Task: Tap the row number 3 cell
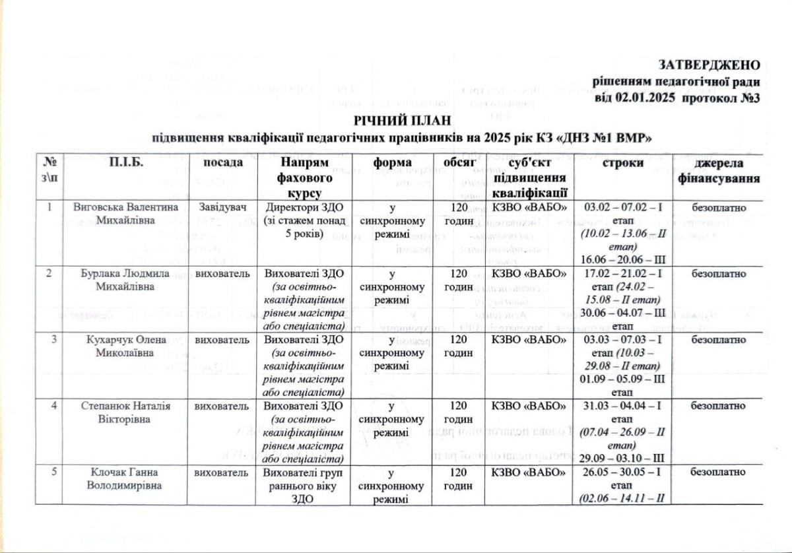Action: click(x=50, y=341)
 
